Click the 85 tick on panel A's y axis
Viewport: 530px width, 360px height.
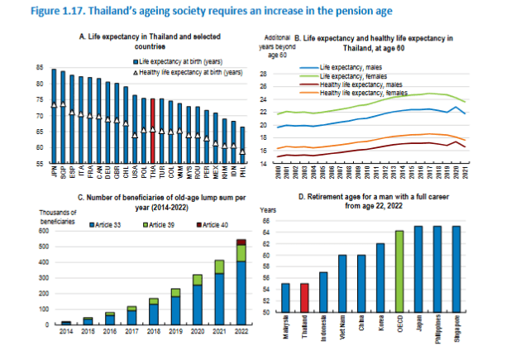point(40,69)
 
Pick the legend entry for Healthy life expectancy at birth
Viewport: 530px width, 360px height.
point(188,73)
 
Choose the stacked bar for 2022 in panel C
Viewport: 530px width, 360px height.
point(241,281)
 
